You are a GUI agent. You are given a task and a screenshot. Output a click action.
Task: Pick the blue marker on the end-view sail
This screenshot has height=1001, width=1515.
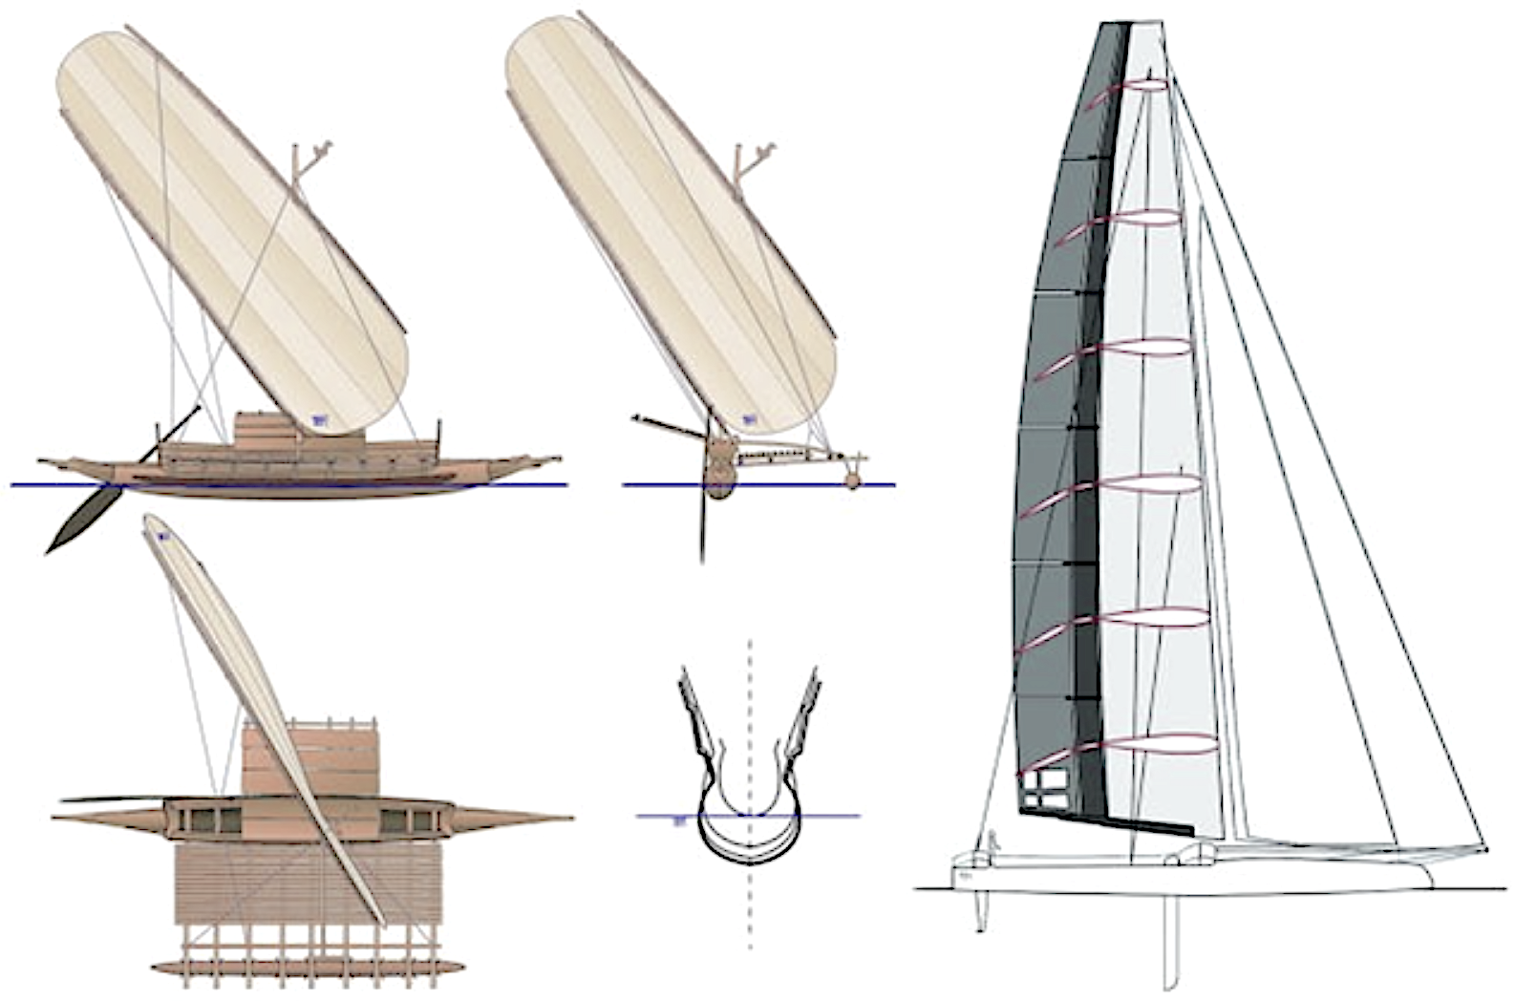click(x=751, y=418)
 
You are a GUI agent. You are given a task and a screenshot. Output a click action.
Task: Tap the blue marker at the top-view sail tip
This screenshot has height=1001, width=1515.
click(x=162, y=537)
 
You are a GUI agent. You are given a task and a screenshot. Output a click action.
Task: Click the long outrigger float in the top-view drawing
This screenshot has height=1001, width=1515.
click(x=296, y=967)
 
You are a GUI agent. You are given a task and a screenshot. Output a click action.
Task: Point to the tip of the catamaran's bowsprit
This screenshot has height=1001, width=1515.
click(x=1485, y=848)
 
